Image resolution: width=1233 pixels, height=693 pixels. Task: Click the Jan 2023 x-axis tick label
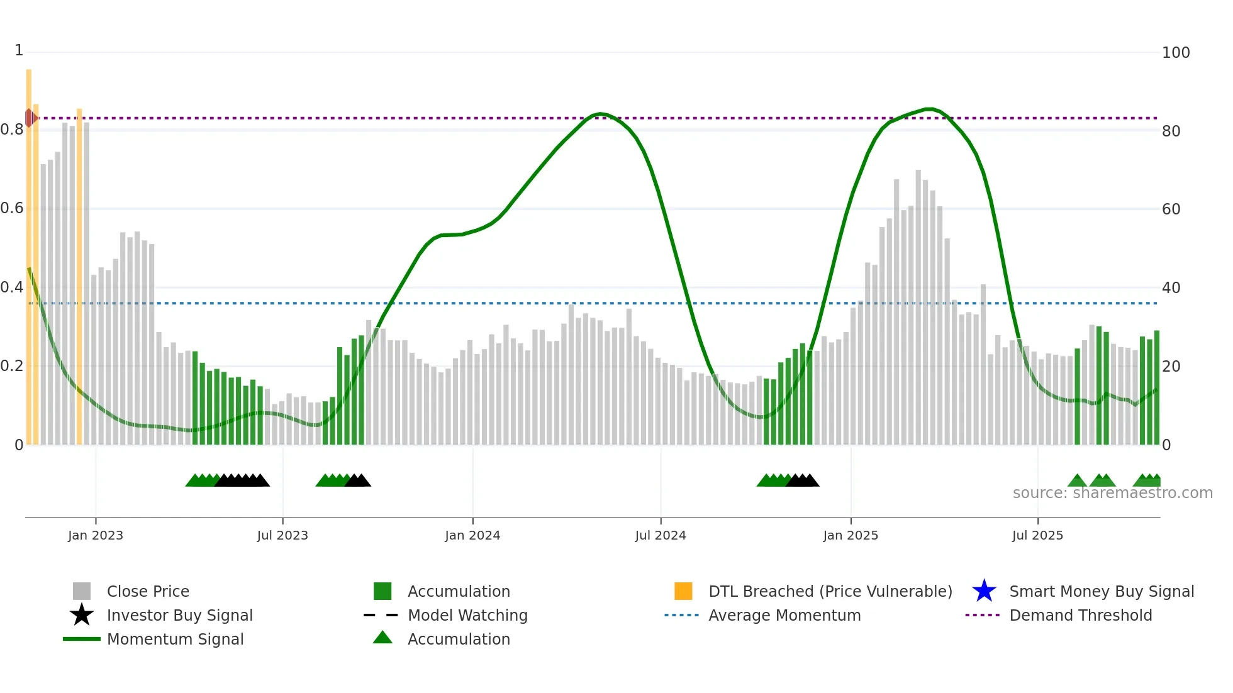96,535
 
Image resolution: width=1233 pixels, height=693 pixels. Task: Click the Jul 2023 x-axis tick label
282,535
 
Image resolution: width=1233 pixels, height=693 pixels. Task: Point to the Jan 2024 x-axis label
472,535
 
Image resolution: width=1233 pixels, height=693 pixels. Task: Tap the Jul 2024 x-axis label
661,535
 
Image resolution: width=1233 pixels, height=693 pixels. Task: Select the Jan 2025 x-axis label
851,535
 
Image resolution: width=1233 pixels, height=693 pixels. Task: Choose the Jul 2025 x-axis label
1037,535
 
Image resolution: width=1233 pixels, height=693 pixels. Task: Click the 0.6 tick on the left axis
12,208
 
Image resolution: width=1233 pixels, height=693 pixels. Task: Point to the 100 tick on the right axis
1176,53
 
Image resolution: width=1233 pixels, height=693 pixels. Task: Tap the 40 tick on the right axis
1171,288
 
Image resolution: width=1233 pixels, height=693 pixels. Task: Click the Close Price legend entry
148,591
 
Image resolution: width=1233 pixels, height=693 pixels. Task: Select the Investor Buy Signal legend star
82,615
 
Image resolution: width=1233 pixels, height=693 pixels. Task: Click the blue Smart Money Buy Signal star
984,591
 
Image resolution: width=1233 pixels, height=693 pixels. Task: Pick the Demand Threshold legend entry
1080,615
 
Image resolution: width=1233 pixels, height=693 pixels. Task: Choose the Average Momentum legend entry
784,615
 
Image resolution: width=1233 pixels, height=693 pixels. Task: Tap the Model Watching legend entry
467,615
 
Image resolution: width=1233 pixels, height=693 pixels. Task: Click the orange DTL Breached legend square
683,591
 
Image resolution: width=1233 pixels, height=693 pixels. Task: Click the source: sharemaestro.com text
1112,493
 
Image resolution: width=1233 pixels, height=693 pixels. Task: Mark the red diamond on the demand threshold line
29,118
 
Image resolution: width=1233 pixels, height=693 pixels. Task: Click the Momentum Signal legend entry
175,639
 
